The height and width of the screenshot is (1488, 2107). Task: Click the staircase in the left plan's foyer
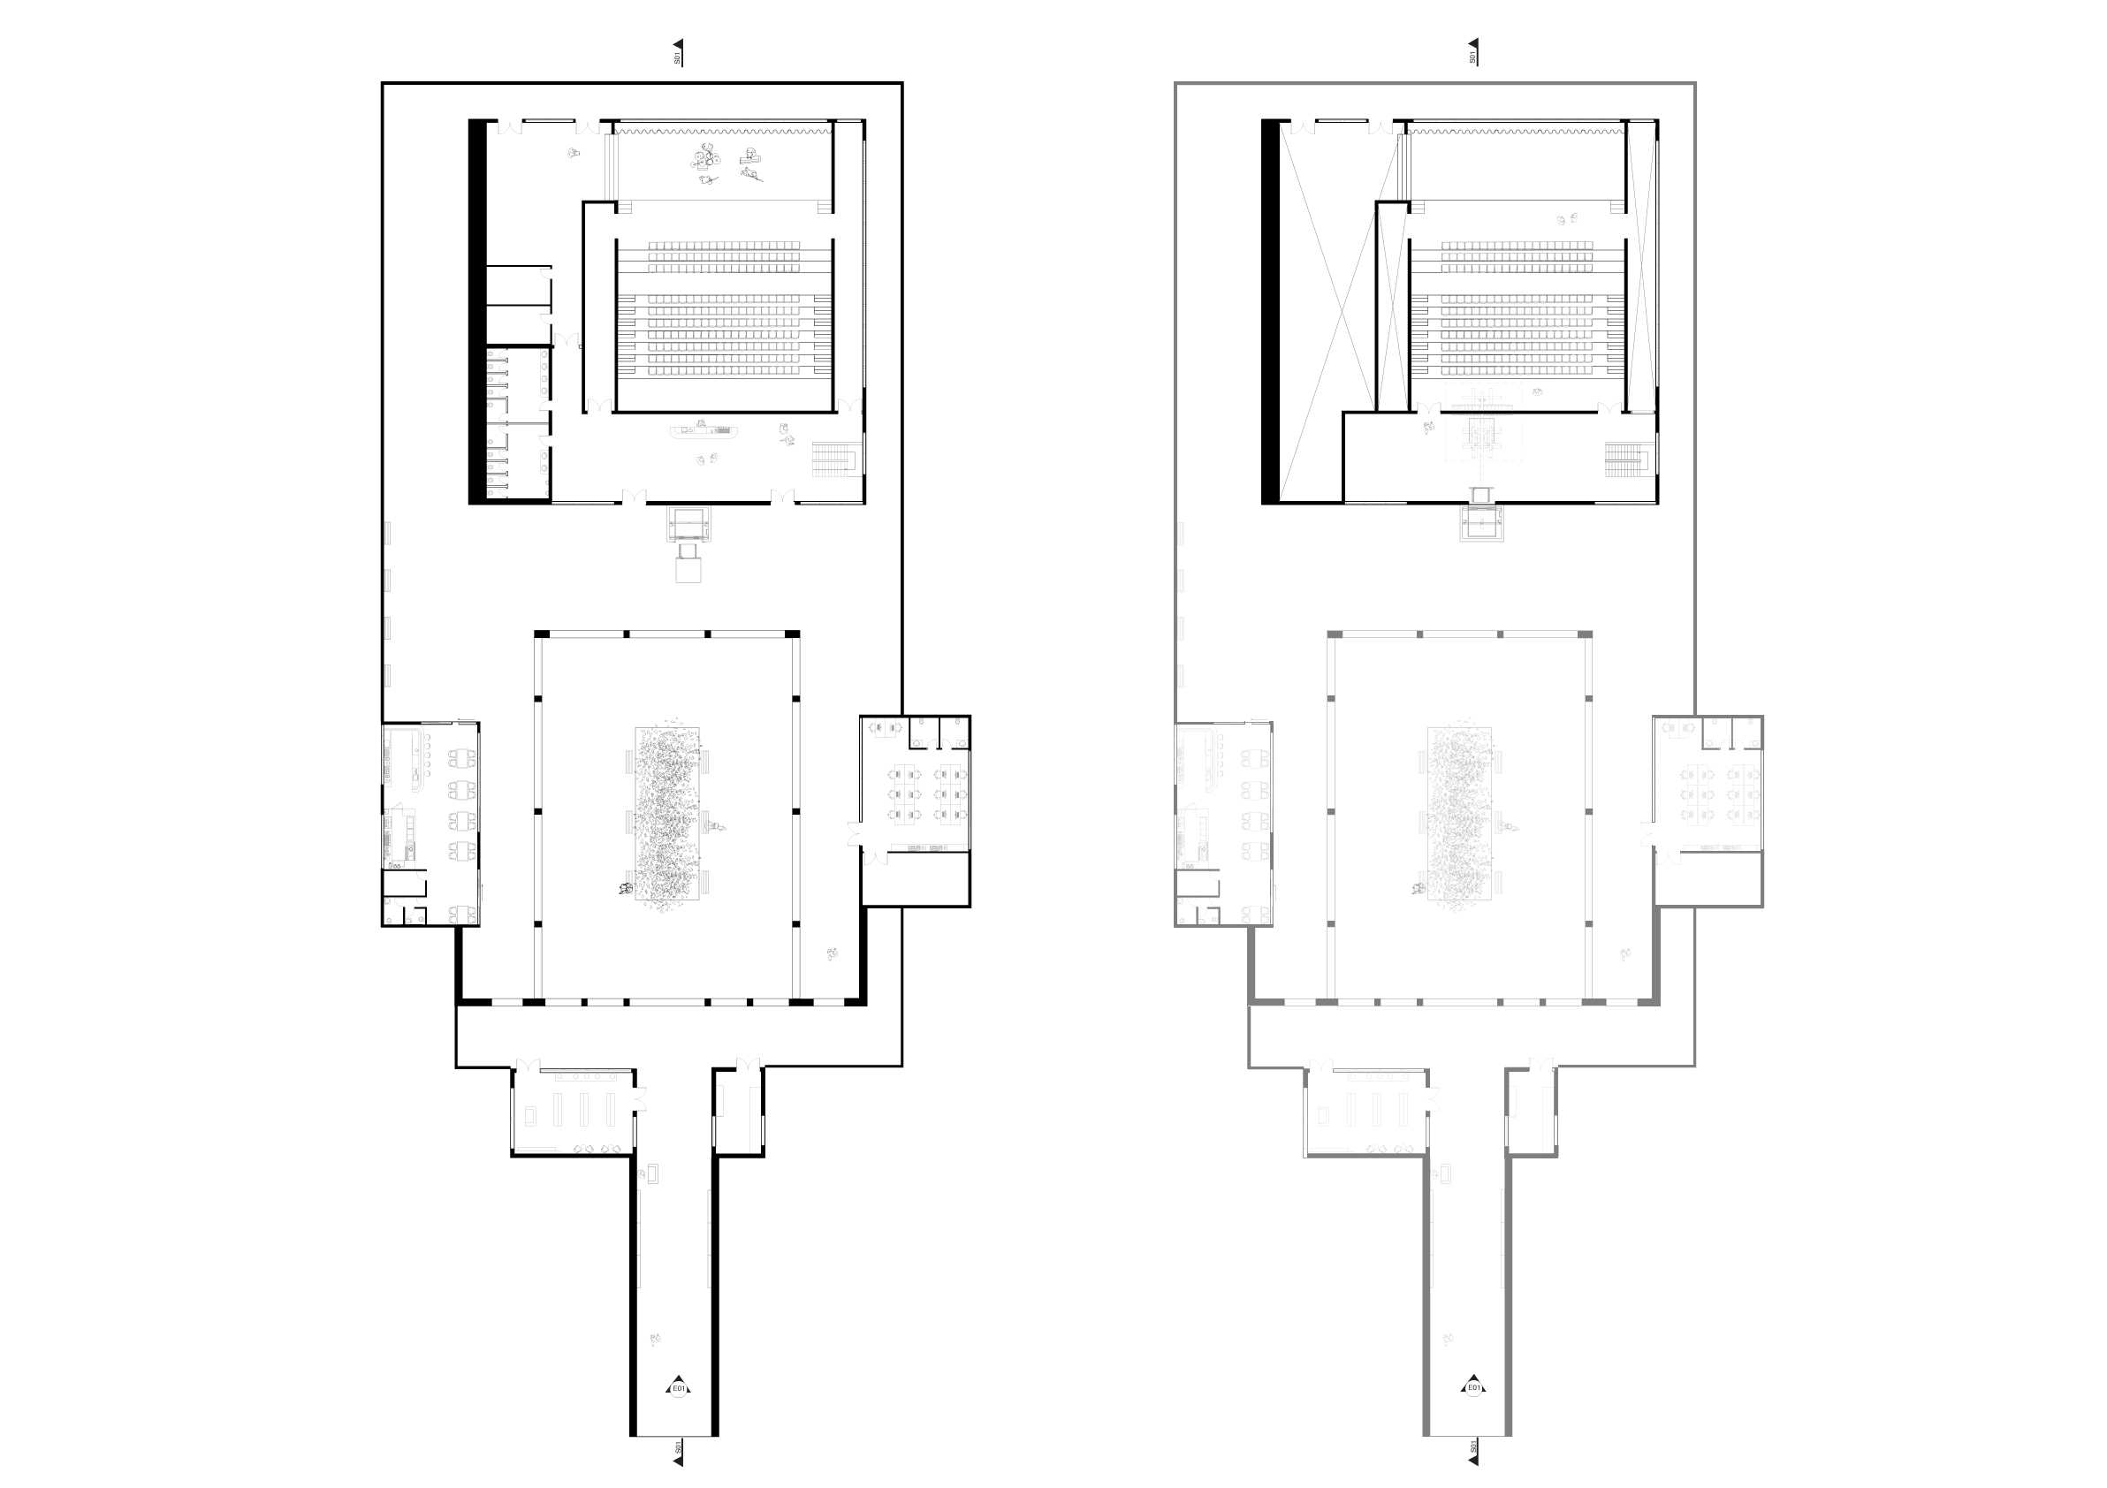(x=833, y=459)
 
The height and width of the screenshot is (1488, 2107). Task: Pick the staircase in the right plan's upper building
(x=1628, y=459)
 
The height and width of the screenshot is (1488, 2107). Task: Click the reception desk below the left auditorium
(x=705, y=429)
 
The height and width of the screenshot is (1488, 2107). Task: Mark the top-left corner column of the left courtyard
(x=542, y=634)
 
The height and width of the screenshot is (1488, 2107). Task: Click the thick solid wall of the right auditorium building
(x=1270, y=312)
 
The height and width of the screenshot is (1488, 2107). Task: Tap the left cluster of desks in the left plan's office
(x=904, y=794)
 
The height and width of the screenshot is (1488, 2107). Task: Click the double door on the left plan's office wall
(x=856, y=835)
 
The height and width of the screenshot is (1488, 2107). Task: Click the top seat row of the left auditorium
(x=724, y=246)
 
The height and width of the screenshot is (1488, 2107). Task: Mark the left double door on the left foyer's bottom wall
(x=633, y=498)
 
